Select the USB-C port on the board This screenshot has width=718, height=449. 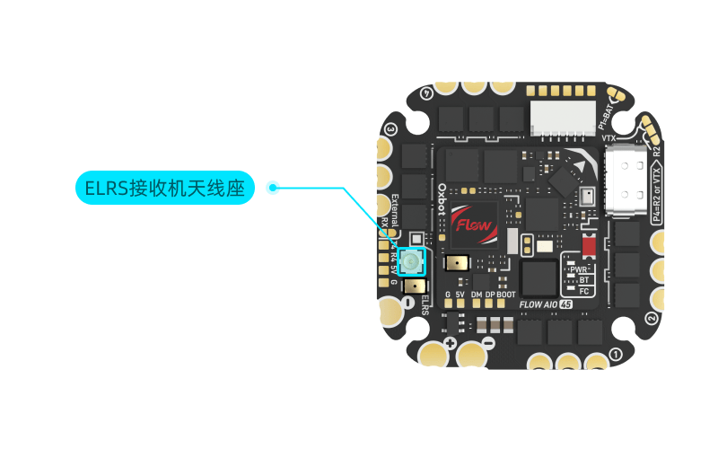point(625,185)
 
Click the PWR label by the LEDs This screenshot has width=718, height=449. point(580,269)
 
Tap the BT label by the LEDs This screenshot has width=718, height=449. point(584,279)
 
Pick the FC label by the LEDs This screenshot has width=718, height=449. point(584,291)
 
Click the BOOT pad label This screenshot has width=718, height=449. point(506,294)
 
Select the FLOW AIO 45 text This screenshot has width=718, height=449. point(547,304)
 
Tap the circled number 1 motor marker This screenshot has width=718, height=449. point(615,354)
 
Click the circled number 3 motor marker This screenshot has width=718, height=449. point(390,129)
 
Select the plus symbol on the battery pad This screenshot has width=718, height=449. point(450,344)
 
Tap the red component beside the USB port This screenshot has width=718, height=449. point(589,244)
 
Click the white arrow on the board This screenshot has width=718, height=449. point(580,166)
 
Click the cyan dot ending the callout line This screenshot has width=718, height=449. point(273,188)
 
